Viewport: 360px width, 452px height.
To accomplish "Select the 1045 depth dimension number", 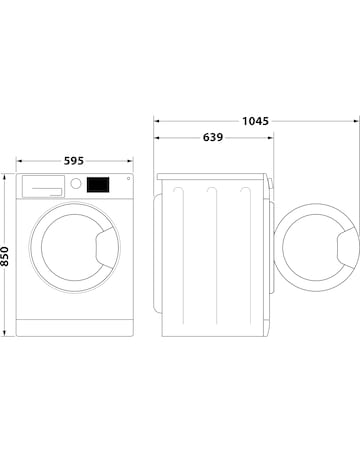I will click(255, 121).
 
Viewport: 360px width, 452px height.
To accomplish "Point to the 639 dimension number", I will click(212, 138).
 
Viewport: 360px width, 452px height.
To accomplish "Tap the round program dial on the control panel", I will click(75, 184).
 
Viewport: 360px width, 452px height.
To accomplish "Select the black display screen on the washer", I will click(98, 184).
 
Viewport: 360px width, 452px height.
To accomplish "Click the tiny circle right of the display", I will click(127, 180).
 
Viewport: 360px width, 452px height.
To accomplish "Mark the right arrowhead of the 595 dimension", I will click(134, 158).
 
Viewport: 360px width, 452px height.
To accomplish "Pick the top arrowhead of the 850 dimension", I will click(6, 175).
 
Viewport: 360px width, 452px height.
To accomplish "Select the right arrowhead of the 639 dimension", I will click(273, 138).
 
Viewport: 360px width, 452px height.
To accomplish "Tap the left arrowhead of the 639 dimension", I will click(156, 138).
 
